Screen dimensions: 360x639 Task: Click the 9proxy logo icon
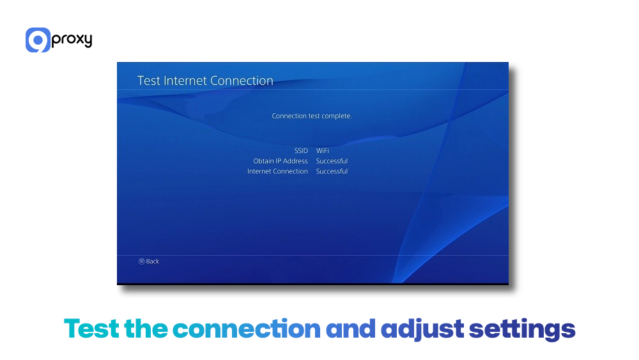tap(38, 40)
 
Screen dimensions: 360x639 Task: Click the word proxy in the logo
tap(72, 40)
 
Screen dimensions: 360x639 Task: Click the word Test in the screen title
tap(150, 81)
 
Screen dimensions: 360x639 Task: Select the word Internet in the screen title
tap(188, 81)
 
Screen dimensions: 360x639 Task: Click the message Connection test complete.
tap(312, 116)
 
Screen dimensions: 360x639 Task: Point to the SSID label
tap(300, 151)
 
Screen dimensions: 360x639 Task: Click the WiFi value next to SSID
tap(323, 151)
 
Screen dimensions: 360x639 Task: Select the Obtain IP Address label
tap(281, 161)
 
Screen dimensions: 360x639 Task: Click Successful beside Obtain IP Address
tap(332, 161)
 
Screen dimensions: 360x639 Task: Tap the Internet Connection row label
tap(277, 171)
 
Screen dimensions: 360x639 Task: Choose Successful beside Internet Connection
tap(332, 171)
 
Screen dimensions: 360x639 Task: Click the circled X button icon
tap(142, 262)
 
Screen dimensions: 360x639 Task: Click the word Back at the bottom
tap(153, 262)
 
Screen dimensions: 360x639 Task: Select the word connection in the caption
tap(246, 329)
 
